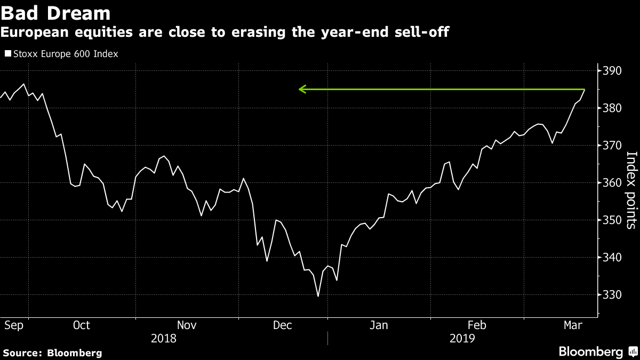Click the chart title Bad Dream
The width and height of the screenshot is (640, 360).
55,13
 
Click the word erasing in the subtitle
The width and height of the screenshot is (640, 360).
258,32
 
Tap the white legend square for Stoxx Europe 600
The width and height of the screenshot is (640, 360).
8,53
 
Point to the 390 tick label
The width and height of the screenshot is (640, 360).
612,71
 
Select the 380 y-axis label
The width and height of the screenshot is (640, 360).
612,108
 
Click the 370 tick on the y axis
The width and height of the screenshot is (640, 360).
612,146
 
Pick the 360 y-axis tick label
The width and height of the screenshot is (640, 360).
612,183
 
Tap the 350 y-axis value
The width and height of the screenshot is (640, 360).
612,220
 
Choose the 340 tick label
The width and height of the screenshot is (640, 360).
612,258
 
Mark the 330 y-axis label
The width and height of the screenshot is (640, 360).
612,294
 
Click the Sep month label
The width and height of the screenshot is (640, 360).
14,326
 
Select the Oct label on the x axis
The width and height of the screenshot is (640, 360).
82,325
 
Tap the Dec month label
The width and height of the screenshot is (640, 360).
282,325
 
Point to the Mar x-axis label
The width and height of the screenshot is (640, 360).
573,325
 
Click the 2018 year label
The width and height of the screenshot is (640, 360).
163,339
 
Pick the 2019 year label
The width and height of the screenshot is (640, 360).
462,339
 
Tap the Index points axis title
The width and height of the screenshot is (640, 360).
631,190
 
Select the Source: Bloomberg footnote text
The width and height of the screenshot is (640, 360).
53,353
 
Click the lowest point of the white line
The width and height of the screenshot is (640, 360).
318,297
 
